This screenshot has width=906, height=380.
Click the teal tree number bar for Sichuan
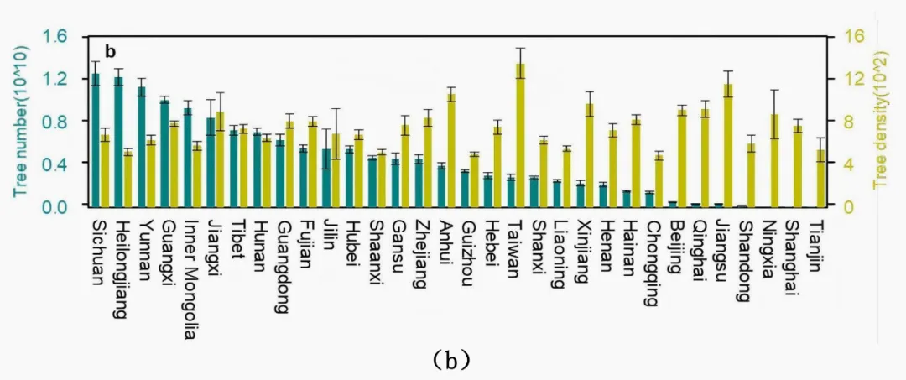point(96,139)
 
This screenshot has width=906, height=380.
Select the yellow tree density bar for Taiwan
point(520,134)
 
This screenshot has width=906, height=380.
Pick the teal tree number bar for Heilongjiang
point(119,141)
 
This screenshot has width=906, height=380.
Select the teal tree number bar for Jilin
point(326,177)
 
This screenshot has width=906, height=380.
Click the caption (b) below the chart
point(454,361)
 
